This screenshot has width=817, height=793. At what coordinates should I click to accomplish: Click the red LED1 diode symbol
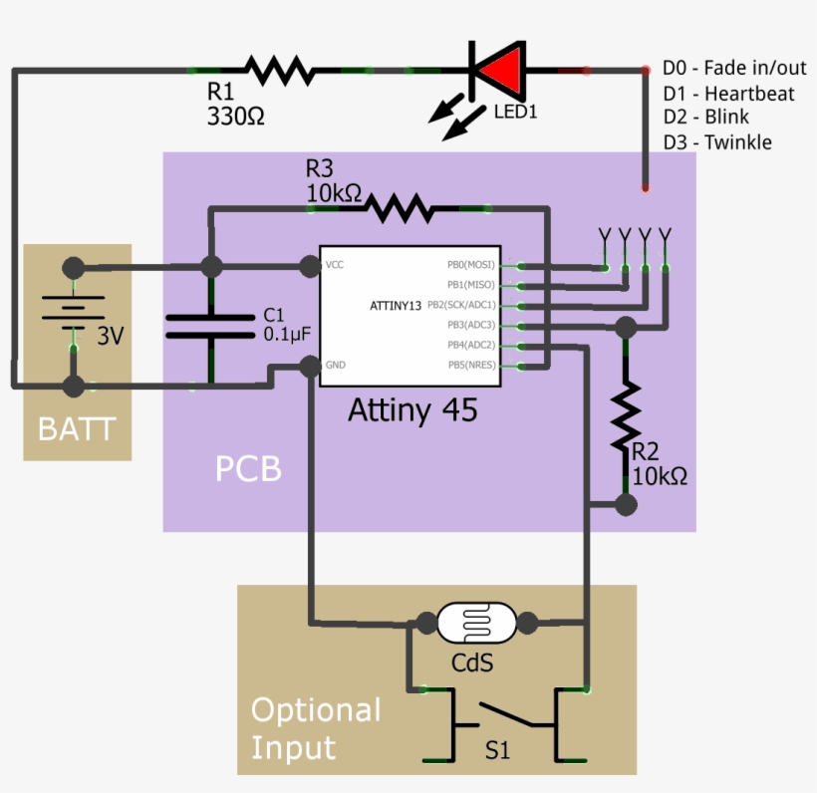(497, 70)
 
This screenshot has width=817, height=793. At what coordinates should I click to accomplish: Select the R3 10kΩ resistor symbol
(399, 208)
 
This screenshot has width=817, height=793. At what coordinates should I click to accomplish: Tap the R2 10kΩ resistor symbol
(626, 417)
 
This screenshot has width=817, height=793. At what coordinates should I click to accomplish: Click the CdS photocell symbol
(476, 624)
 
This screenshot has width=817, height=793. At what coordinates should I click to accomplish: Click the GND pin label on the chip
(337, 366)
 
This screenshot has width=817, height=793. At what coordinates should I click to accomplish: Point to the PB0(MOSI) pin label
(470, 265)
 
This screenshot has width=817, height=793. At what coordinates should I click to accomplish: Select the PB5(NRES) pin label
(470, 366)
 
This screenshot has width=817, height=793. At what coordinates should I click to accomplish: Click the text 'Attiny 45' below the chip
(412, 409)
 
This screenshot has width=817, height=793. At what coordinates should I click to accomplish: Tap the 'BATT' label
(77, 430)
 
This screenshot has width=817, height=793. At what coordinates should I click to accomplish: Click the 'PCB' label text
(248, 468)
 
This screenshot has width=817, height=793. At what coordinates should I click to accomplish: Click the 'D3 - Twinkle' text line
(717, 142)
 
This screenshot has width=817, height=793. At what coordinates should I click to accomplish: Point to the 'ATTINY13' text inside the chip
(396, 305)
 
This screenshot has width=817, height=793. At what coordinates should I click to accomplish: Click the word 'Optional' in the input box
(316, 710)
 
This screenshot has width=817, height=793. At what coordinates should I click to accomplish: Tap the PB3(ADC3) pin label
(471, 325)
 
